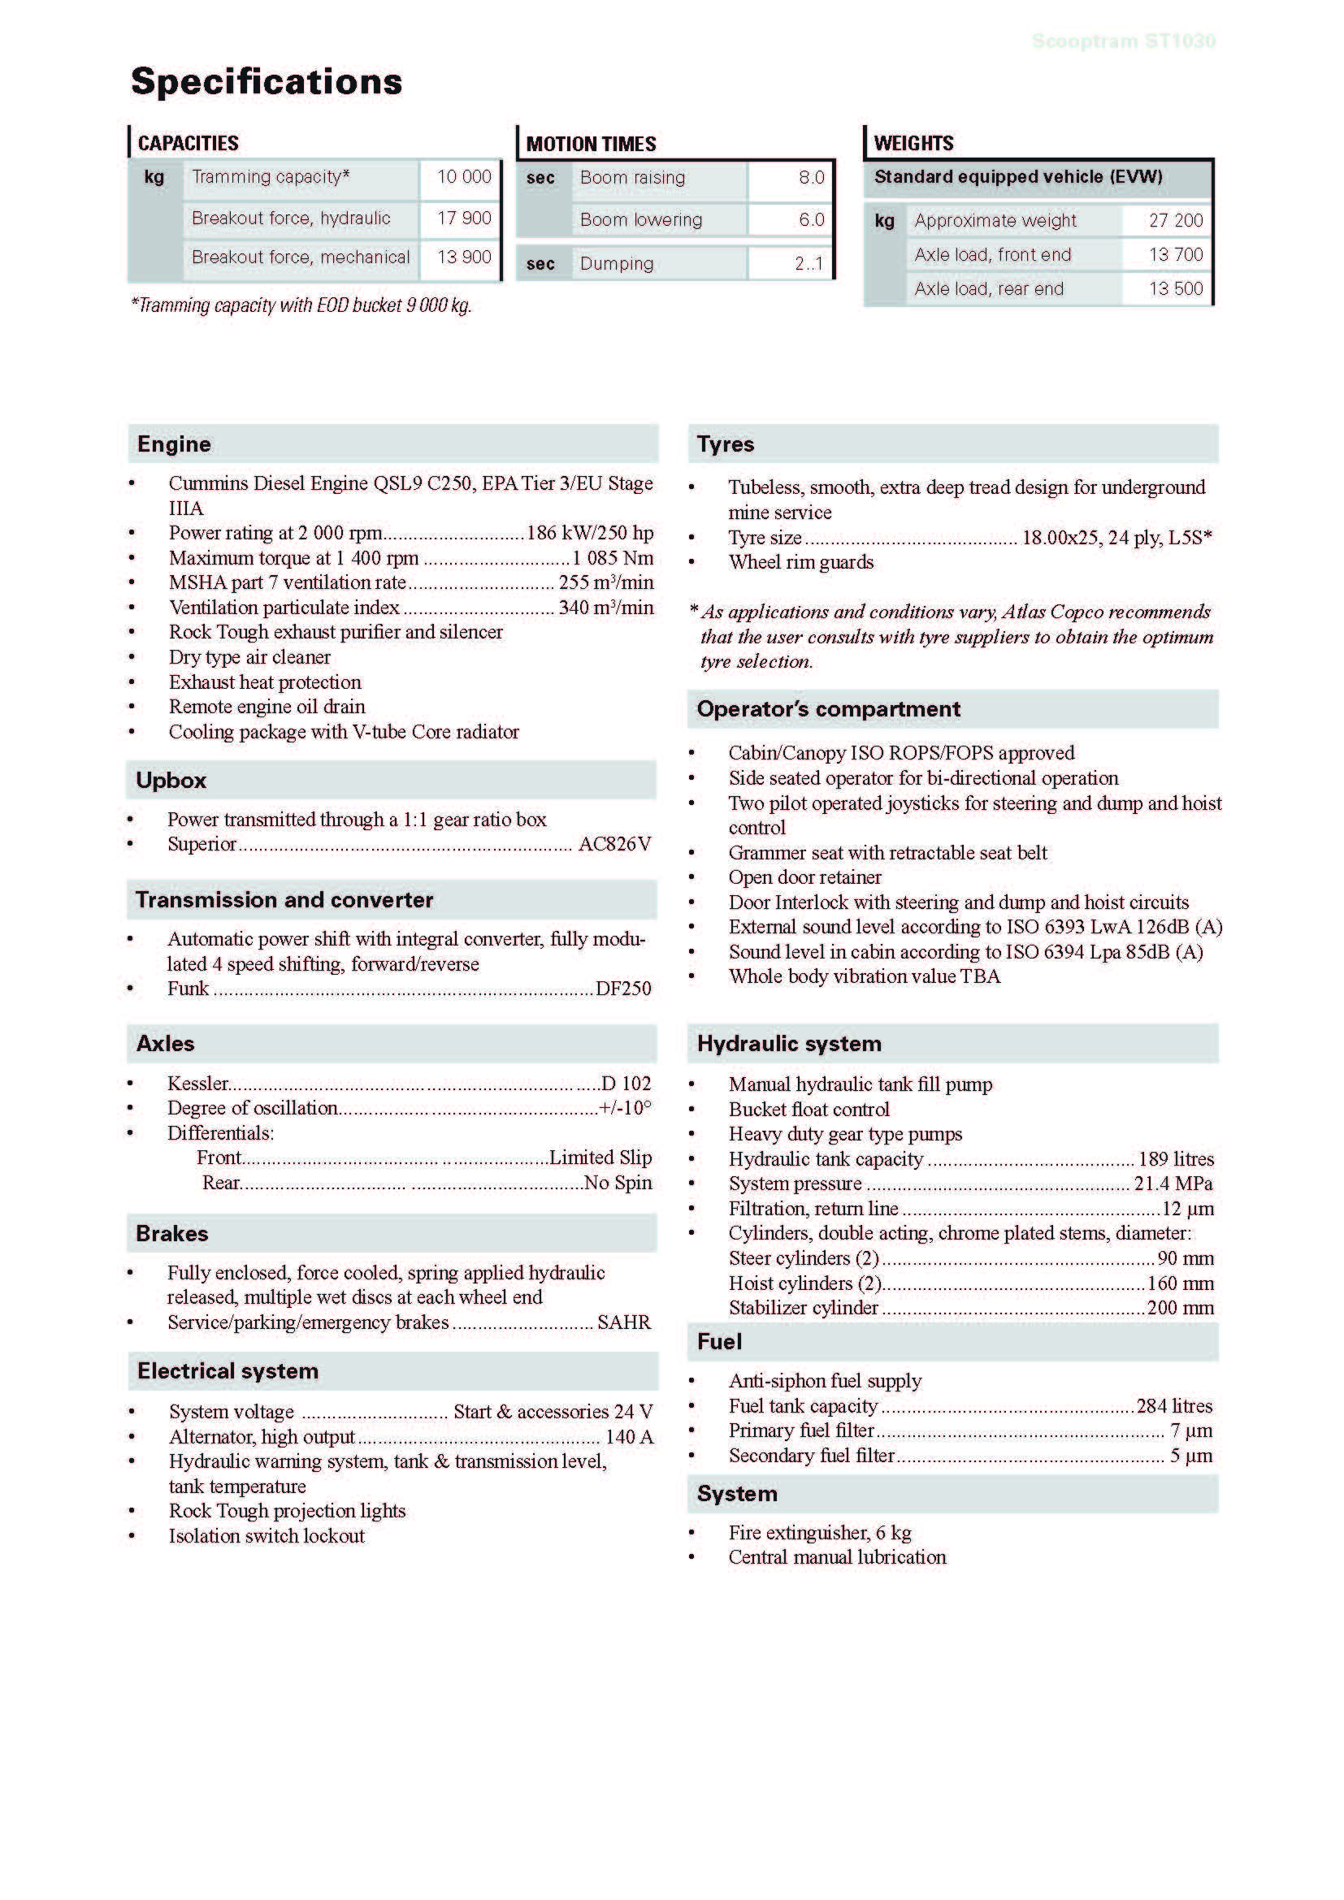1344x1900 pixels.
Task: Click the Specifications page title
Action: click(267, 82)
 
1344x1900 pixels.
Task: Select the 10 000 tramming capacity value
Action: click(463, 177)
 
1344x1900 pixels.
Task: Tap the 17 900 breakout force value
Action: click(463, 219)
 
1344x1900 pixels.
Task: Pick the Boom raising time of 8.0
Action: click(811, 178)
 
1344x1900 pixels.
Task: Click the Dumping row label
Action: click(617, 264)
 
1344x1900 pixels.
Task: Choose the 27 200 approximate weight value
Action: click(1175, 221)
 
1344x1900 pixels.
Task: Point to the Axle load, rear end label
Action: click(988, 289)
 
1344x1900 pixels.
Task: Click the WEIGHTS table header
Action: click(913, 144)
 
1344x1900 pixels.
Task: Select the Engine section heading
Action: click(174, 444)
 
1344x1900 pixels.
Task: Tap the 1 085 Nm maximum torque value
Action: click(613, 559)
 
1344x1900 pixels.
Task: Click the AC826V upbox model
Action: click(614, 844)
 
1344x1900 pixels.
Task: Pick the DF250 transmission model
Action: click(623, 989)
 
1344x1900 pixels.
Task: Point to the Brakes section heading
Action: click(172, 1234)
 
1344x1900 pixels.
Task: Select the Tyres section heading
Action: click(725, 444)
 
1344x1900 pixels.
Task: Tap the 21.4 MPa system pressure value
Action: click(1173, 1184)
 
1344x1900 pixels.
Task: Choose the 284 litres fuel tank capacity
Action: click(1173, 1406)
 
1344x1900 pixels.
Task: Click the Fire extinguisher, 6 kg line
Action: click(819, 1533)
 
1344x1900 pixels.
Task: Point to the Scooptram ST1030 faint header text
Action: click(1123, 41)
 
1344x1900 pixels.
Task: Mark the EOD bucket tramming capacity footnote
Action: click(301, 305)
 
